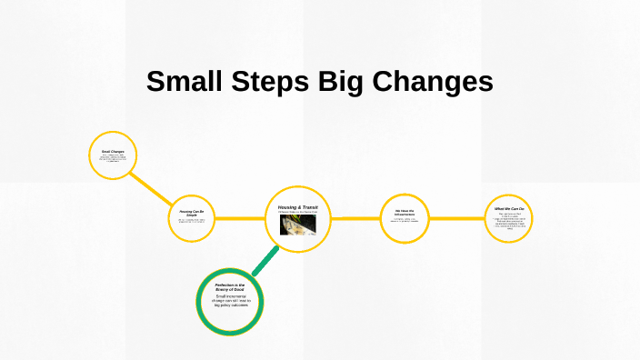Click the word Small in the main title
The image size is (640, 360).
click(182, 82)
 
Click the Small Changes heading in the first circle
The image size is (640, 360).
click(113, 151)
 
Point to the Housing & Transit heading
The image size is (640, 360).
click(298, 207)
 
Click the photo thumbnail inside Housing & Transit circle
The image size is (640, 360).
click(298, 225)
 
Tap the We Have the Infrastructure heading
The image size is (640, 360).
click(405, 214)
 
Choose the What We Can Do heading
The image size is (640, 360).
click(509, 209)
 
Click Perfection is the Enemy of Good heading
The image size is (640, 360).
click(230, 288)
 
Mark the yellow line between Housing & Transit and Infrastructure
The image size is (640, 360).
click(355, 219)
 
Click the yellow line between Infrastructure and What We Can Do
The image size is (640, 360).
click(456, 219)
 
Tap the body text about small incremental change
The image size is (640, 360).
click(230, 301)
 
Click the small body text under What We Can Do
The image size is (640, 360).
click(509, 221)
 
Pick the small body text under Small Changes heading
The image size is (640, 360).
click(113, 160)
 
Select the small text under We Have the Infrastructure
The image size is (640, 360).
click(405, 221)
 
